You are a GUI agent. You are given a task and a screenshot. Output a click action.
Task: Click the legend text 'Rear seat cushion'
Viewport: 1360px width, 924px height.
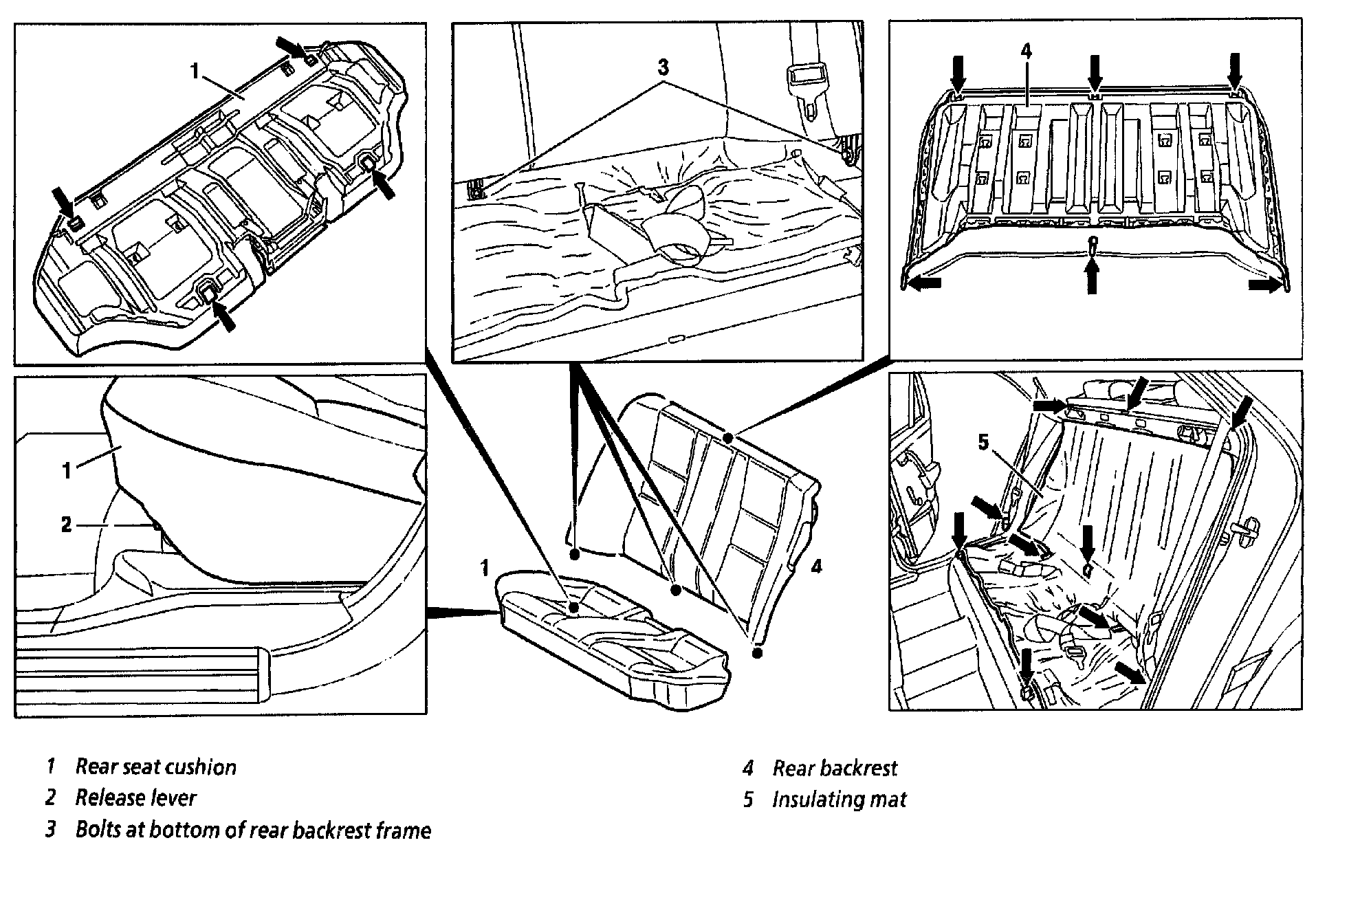pyautogui.click(x=155, y=767)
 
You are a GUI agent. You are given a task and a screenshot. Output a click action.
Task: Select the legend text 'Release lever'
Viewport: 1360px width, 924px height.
pyautogui.click(x=135, y=797)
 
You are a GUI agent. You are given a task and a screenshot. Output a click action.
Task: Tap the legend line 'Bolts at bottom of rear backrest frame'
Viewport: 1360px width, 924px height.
pyautogui.click(x=253, y=830)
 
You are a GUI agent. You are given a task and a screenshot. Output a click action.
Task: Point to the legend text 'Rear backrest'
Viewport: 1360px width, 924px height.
pyautogui.click(x=835, y=768)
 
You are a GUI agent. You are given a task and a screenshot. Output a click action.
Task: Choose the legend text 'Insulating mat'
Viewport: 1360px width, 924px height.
pyautogui.click(x=839, y=799)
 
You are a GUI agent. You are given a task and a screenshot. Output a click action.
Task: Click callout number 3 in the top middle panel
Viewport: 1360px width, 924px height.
pyautogui.click(x=663, y=67)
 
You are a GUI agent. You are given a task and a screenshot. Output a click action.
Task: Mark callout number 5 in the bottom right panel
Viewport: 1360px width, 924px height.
pyautogui.click(x=984, y=442)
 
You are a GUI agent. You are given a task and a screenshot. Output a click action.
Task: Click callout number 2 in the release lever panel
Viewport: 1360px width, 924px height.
pyautogui.click(x=66, y=525)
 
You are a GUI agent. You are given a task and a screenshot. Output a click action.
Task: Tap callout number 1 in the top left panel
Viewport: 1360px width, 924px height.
pyautogui.click(x=195, y=71)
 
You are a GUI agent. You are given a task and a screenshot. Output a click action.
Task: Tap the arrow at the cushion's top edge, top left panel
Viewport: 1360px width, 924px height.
pyautogui.click(x=294, y=48)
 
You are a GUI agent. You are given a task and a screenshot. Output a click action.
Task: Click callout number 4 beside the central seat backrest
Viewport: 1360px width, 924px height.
pyautogui.click(x=816, y=566)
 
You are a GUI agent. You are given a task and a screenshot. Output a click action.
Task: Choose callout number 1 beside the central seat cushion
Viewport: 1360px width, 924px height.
pyautogui.click(x=485, y=568)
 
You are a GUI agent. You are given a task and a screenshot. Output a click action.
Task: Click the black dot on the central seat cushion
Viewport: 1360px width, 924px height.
pyautogui.click(x=573, y=607)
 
